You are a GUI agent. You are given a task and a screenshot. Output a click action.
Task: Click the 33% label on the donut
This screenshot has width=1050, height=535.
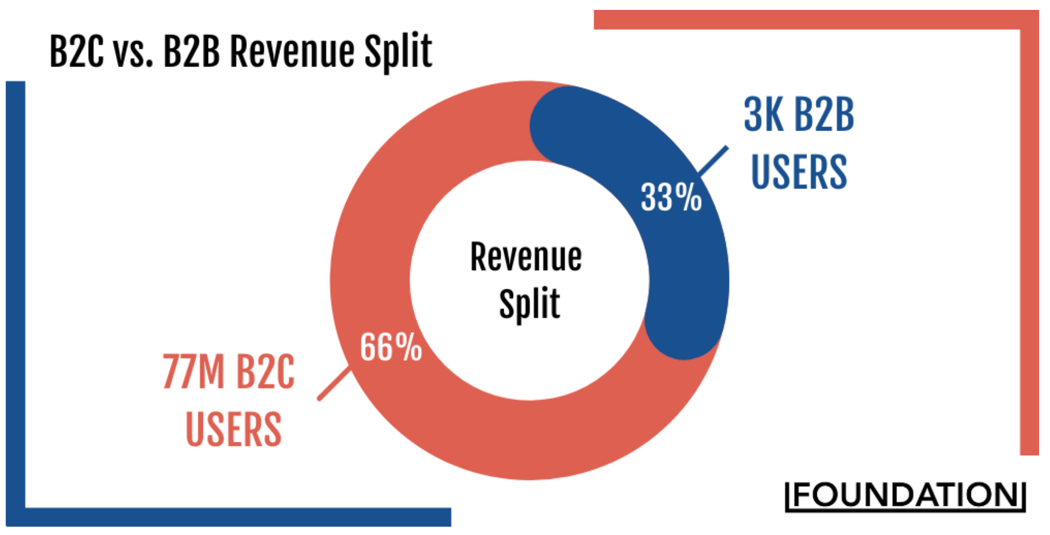coord(671,197)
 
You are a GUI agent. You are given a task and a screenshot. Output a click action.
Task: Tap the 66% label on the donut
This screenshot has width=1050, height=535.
coord(391,347)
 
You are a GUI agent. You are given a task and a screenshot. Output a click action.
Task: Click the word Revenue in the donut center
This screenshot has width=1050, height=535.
coord(526,257)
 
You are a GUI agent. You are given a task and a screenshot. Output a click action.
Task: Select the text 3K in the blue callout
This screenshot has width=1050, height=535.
coord(763,114)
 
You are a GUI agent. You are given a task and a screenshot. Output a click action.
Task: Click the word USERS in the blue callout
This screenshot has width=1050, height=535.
coord(799,172)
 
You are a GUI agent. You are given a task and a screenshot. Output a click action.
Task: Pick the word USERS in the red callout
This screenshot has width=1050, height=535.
coord(234,429)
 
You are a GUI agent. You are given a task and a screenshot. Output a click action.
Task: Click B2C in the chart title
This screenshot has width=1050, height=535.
coord(76,52)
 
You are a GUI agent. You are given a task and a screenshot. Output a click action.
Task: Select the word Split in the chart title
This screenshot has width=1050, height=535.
coord(398,52)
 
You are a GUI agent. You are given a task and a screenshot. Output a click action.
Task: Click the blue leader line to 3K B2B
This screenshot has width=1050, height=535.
coord(713,161)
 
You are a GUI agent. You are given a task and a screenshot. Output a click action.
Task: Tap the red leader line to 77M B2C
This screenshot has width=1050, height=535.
coord(334,384)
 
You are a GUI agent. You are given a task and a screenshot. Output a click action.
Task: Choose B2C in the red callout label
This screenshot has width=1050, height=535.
coord(265,372)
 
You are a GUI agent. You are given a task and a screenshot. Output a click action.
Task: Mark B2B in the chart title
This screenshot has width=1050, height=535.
coord(191,52)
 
